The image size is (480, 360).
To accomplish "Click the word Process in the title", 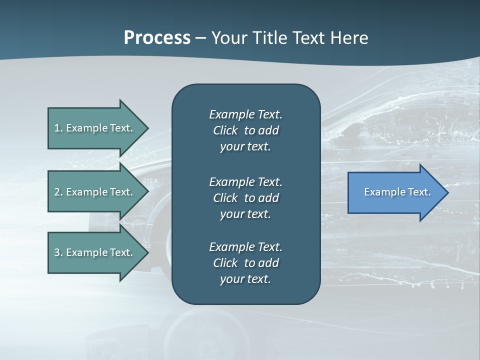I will coord(157,38).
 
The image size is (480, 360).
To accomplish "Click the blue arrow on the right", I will coord(395,192).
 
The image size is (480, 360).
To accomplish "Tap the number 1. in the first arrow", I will coord(58,128).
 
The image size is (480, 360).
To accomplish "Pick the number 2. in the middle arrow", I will coord(58,192).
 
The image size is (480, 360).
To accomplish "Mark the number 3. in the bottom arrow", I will coord(58,252).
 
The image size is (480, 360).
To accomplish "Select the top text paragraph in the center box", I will coord(245,130).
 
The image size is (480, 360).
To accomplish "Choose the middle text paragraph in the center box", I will coord(245,198).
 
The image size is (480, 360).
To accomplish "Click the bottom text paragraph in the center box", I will coord(245,263).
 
